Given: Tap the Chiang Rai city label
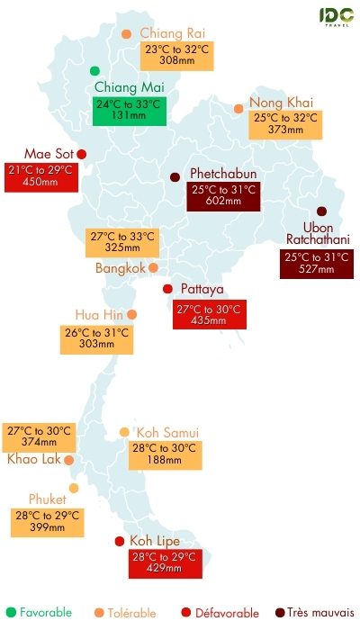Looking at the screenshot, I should [x=173, y=33].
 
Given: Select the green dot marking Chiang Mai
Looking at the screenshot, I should [x=94, y=70].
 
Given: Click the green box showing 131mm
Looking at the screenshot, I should [x=130, y=109].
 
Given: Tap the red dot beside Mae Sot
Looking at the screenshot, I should [x=81, y=153].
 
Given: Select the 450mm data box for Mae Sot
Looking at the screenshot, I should [x=41, y=176].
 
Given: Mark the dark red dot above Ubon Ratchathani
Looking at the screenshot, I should [x=321, y=211].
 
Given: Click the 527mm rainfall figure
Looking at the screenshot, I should [x=315, y=271].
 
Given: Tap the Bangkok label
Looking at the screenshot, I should [x=120, y=268].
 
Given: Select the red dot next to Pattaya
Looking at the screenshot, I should [x=166, y=288].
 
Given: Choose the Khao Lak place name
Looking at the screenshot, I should [x=31, y=459].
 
